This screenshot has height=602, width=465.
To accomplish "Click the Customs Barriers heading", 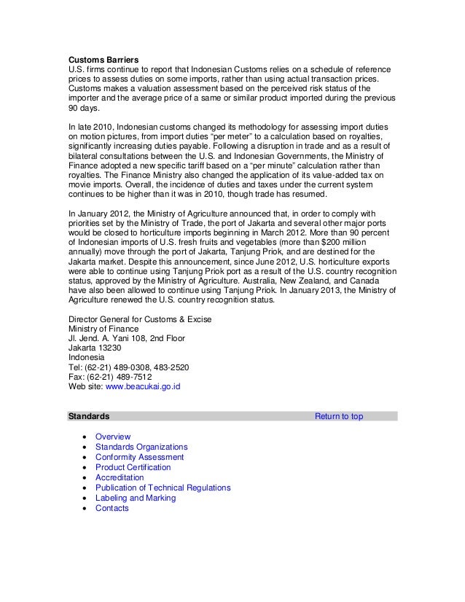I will [99, 58].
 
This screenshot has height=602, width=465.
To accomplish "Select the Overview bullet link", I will [113, 437].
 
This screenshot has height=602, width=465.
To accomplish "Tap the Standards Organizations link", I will [141, 447].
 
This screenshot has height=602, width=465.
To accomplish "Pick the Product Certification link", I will [133, 467].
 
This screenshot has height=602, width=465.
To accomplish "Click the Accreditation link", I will [120, 477].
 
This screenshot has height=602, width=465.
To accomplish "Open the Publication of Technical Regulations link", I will [163, 488].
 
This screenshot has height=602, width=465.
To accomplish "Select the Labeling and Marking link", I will [136, 498].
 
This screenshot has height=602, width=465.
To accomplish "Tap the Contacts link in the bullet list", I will [112, 508].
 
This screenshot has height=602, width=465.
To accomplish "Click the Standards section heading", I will [89, 416].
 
